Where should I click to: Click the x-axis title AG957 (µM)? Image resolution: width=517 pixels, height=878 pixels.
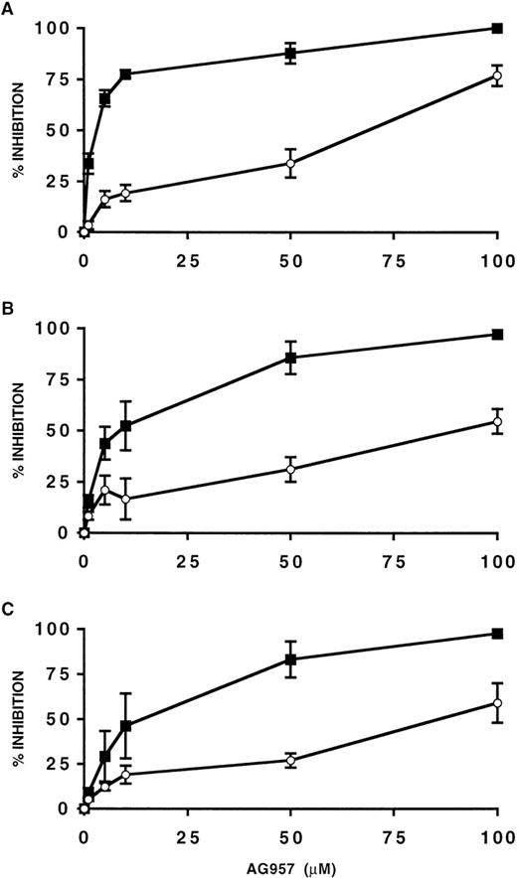tap(289, 862)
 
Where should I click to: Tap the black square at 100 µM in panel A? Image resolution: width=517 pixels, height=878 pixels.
tap(496, 28)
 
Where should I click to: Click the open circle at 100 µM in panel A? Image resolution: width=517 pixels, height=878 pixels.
tap(496, 76)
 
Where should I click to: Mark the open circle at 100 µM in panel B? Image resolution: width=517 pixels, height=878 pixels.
tap(496, 422)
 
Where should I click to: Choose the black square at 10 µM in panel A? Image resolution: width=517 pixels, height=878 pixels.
tap(125, 74)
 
